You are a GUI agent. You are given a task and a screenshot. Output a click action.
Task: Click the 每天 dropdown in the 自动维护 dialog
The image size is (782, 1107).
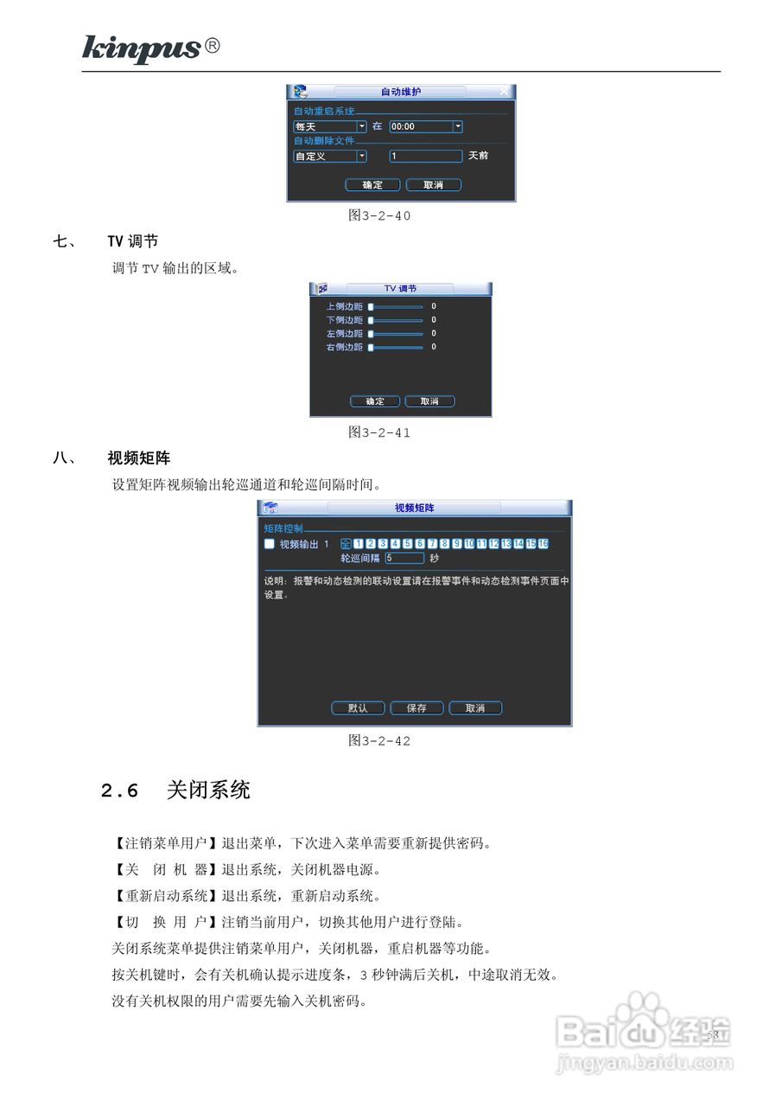[x=329, y=126]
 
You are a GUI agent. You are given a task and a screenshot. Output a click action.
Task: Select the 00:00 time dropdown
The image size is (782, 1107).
[x=425, y=126]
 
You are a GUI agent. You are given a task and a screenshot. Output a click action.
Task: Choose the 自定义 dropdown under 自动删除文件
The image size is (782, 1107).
[x=329, y=157]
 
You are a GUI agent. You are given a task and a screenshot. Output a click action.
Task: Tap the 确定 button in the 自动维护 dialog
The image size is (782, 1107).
[x=372, y=185]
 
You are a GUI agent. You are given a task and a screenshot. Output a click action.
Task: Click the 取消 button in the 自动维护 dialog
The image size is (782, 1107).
[x=433, y=185]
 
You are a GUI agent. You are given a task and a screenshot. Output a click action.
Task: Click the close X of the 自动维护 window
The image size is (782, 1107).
[x=504, y=92]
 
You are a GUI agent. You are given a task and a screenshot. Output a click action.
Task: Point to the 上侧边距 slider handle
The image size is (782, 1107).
[x=371, y=306]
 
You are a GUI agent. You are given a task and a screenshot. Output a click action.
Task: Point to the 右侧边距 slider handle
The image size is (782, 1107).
[x=371, y=348]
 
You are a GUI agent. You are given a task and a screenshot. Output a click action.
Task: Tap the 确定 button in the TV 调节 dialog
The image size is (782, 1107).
[x=375, y=401]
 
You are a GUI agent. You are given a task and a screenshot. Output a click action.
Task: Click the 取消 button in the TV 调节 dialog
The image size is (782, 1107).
[x=429, y=401]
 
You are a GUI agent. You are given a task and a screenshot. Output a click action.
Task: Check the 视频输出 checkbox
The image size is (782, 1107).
[x=270, y=544]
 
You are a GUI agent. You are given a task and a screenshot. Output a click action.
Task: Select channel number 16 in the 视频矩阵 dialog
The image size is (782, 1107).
[x=544, y=544]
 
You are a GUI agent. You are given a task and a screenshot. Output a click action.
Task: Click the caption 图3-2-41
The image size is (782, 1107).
[x=379, y=432]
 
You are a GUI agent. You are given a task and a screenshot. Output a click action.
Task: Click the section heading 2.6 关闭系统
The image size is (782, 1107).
[x=175, y=790]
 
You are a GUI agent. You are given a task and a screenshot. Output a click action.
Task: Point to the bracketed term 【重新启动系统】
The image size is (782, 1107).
[x=166, y=895]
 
